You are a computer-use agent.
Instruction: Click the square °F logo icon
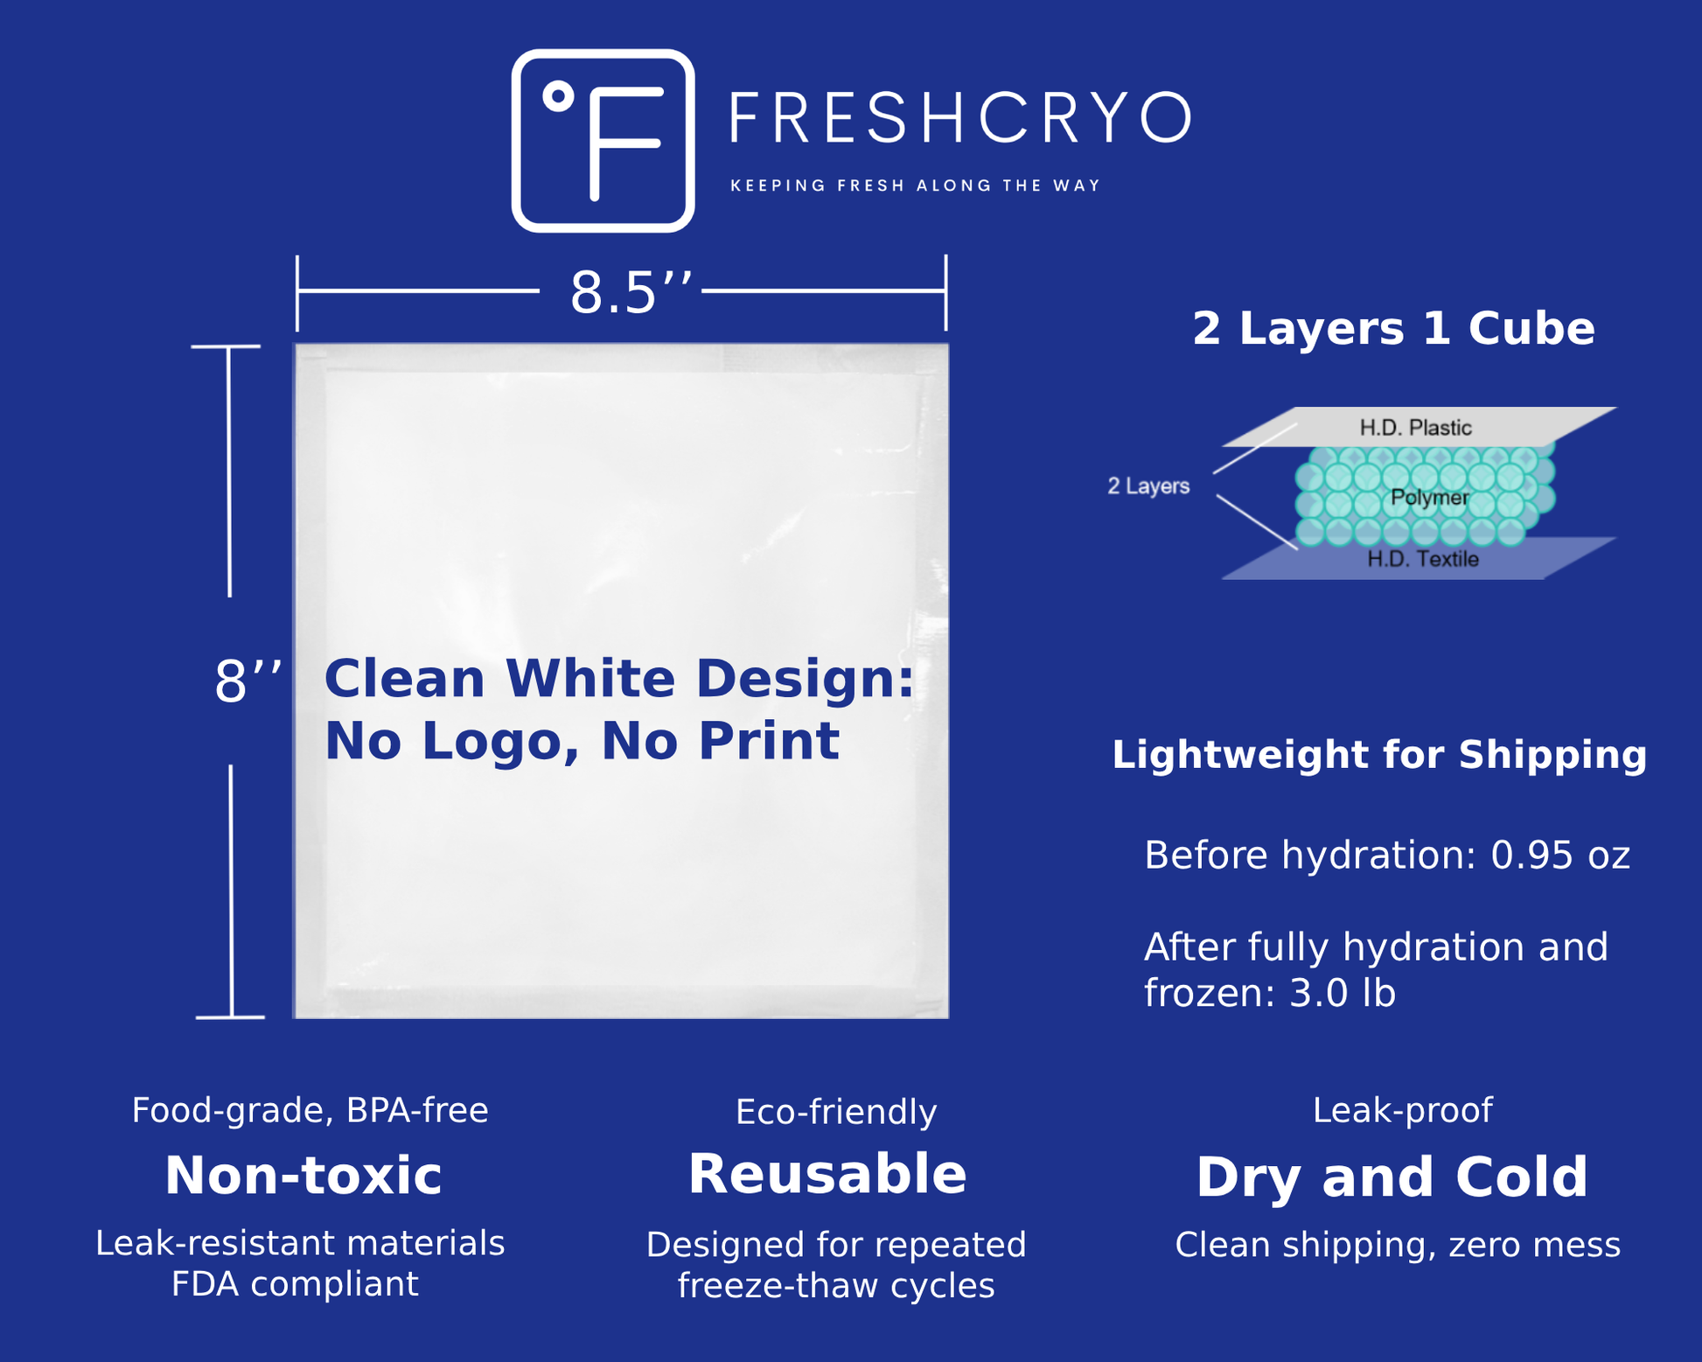(x=603, y=140)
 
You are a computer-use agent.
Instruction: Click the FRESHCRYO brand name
(x=960, y=117)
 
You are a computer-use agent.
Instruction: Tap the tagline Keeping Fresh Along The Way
(x=915, y=185)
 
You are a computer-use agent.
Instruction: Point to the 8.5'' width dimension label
(x=631, y=292)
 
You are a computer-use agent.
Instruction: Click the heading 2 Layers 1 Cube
(x=1393, y=329)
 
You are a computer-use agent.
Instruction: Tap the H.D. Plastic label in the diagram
(x=1415, y=428)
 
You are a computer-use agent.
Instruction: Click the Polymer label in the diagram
(x=1429, y=498)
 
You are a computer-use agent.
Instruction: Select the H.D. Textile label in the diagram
(x=1423, y=559)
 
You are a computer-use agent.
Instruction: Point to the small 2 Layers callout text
(x=1148, y=485)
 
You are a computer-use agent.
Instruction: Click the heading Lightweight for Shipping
(x=1379, y=755)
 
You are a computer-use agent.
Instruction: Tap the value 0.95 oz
(x=1560, y=855)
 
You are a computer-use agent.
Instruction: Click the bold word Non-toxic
(x=303, y=1175)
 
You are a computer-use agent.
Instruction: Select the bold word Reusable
(x=827, y=1174)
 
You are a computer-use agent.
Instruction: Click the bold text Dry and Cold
(x=1392, y=1177)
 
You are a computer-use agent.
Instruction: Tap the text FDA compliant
(x=295, y=1284)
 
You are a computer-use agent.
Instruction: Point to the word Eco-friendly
(x=836, y=1112)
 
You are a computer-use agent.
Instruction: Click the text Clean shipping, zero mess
(x=1398, y=1246)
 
